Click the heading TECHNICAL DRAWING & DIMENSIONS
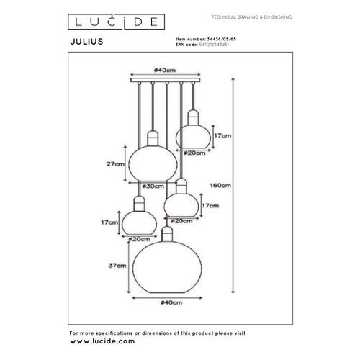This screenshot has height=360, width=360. point(243,17)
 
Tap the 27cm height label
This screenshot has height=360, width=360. point(113,164)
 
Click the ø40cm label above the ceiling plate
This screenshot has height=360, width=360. point(164,71)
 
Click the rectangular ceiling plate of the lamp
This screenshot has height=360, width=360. point(165,81)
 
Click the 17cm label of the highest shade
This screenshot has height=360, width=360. point(224,135)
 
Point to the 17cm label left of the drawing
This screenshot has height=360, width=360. point(110,223)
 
